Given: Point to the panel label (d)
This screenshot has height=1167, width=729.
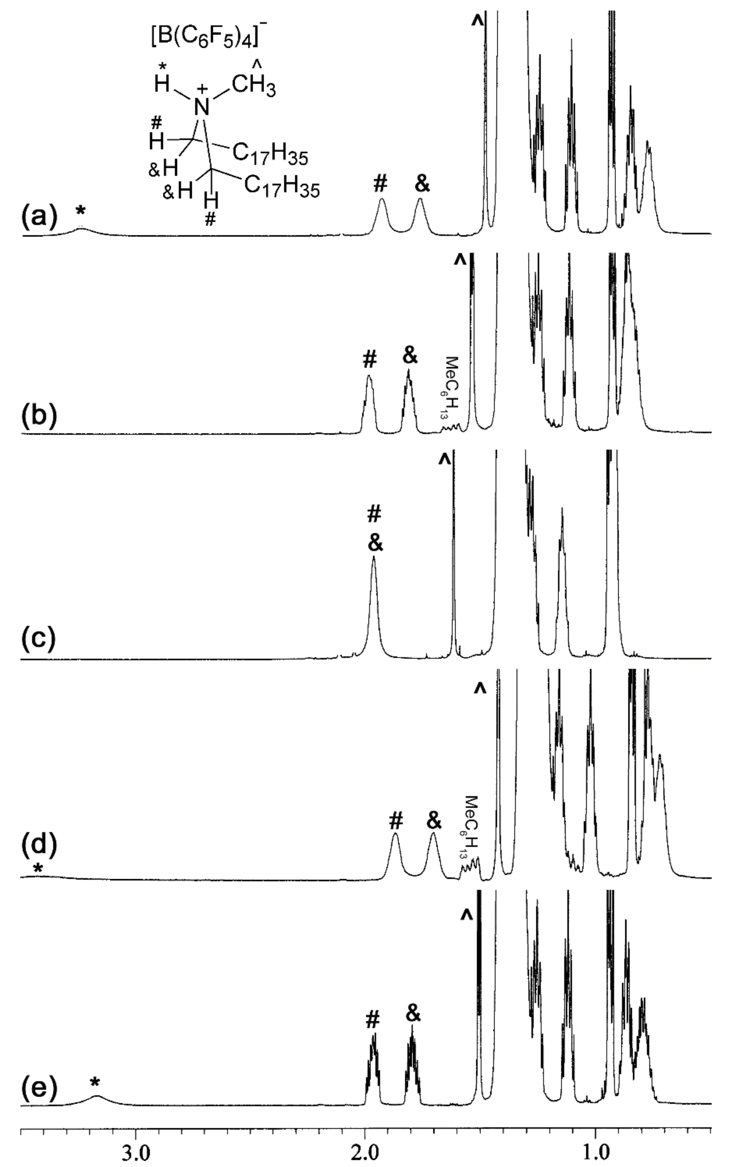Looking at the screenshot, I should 39,845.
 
